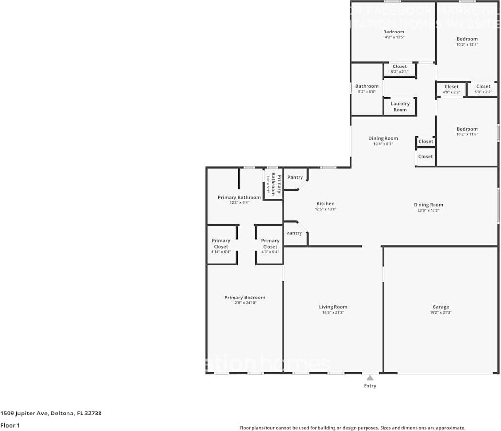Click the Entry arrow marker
coord(370,378)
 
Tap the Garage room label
coord(440,307)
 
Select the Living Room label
coord(333,307)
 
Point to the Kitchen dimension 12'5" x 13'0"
coord(325,209)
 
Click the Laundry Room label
coord(400,106)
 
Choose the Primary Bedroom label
coord(245,298)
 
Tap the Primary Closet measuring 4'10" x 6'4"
coord(221,244)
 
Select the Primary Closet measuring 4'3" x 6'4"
coord(270,244)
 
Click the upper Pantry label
coord(295,177)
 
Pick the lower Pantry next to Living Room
coord(294,233)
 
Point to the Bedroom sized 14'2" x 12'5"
coord(394,34)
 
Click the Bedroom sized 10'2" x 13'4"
coord(467,41)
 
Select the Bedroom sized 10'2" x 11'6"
coord(467,132)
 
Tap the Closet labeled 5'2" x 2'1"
coord(400,69)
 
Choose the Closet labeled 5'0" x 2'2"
coord(483,89)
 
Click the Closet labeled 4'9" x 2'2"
coord(451,89)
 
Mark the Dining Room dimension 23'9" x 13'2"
coord(428,210)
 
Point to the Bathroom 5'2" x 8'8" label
coord(367,89)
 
